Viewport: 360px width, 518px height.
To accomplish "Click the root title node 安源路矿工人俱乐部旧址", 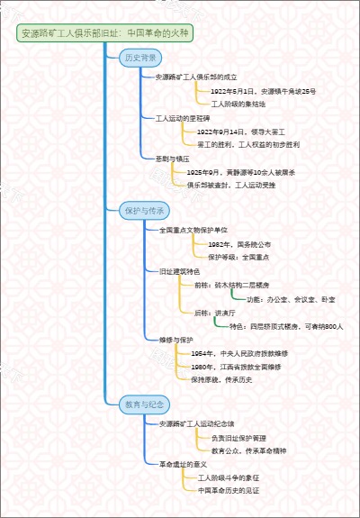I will point(104,33).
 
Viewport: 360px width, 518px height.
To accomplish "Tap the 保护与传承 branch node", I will point(143,211).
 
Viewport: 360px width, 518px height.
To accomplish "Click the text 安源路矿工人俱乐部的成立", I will point(196,77).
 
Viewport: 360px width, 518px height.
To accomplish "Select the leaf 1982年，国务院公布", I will point(238,244).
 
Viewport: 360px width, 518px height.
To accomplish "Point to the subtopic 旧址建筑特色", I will point(179,270).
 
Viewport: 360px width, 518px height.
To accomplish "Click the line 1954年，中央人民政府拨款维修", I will point(246,354).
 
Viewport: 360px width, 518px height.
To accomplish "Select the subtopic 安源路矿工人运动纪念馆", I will point(196,423).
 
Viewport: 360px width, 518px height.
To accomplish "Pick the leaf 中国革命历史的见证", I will point(229,490).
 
